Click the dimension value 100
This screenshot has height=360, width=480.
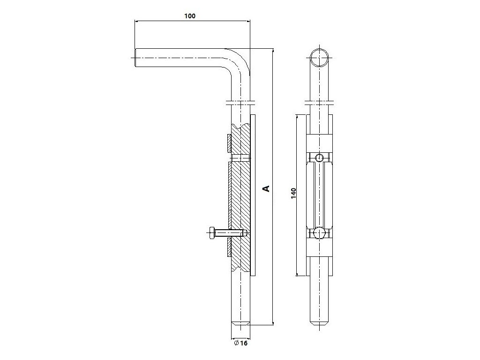pyautogui.click(x=189, y=15)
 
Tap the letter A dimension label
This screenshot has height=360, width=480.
pyautogui.click(x=266, y=188)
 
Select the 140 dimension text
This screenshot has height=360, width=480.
pyautogui.click(x=293, y=193)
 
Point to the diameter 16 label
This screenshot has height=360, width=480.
pyautogui.click(x=240, y=343)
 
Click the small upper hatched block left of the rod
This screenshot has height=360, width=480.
pyautogui.click(x=229, y=143)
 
